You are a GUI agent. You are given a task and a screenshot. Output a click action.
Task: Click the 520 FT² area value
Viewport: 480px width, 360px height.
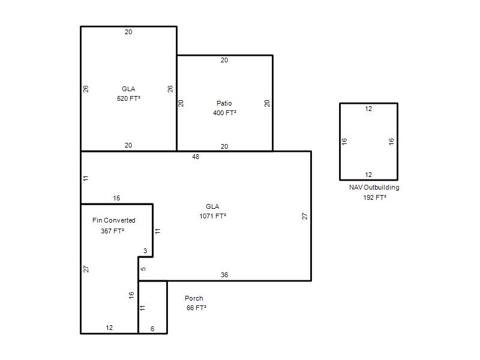pos(128,98)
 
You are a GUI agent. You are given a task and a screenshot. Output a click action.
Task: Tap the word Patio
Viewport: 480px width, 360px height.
pos(224,103)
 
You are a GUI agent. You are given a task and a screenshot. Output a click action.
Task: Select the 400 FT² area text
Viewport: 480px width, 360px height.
pos(224,113)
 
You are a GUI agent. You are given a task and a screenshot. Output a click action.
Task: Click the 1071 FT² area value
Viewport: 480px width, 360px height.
pos(213,216)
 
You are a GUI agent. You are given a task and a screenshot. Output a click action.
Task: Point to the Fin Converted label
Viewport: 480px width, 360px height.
pos(114,220)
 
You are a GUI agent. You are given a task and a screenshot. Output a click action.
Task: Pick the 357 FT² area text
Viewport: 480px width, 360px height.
pos(113,231)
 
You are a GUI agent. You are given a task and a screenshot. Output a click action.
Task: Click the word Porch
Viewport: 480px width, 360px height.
pos(194,298)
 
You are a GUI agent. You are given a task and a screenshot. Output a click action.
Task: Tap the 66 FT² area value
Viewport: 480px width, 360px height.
pos(196,308)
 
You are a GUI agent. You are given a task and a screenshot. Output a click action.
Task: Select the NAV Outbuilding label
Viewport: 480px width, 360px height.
pos(374,187)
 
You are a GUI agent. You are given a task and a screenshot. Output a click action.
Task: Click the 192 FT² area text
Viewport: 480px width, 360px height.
pos(374,197)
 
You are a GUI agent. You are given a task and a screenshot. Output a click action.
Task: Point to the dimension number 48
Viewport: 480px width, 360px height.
pos(196,157)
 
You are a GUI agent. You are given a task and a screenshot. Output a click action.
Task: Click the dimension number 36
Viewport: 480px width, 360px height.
pos(224,275)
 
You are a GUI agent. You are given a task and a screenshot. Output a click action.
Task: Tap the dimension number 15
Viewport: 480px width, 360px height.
pos(116,198)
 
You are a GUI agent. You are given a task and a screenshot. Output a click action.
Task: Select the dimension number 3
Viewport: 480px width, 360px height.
pos(145,251)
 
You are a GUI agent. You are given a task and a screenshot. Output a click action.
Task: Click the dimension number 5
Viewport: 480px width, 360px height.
pos(143,269)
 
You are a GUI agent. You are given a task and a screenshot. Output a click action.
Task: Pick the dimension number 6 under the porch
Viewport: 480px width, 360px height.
pos(152,329)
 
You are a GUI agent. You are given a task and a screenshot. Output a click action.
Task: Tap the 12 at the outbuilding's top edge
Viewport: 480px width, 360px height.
pos(368,109)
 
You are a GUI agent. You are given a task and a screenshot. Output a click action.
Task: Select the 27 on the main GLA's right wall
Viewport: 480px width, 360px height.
pos(305,216)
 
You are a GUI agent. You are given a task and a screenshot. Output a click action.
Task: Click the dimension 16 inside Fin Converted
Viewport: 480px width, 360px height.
pos(131,295)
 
